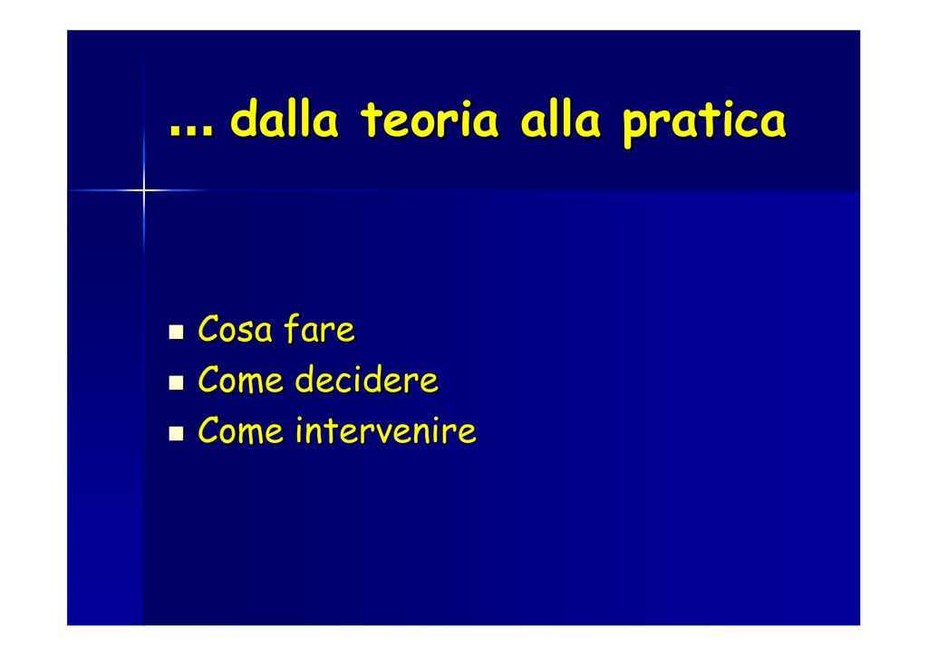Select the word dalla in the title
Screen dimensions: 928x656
click(x=284, y=119)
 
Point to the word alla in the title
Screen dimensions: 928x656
click(x=560, y=119)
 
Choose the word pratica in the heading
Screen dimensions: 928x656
click(x=704, y=123)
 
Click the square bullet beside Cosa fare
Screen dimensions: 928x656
click(x=176, y=332)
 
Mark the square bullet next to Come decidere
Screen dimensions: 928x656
click(x=176, y=382)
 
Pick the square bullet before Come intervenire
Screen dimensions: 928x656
click(x=176, y=434)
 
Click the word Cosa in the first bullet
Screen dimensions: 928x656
click(x=235, y=329)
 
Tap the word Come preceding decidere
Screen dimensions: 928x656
click(x=240, y=380)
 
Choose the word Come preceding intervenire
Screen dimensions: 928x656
click(x=240, y=430)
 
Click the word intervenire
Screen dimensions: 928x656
click(x=386, y=430)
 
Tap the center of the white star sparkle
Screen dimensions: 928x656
click(x=144, y=190)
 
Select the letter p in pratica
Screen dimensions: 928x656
click(x=637, y=127)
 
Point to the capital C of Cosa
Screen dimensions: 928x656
click(x=208, y=329)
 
